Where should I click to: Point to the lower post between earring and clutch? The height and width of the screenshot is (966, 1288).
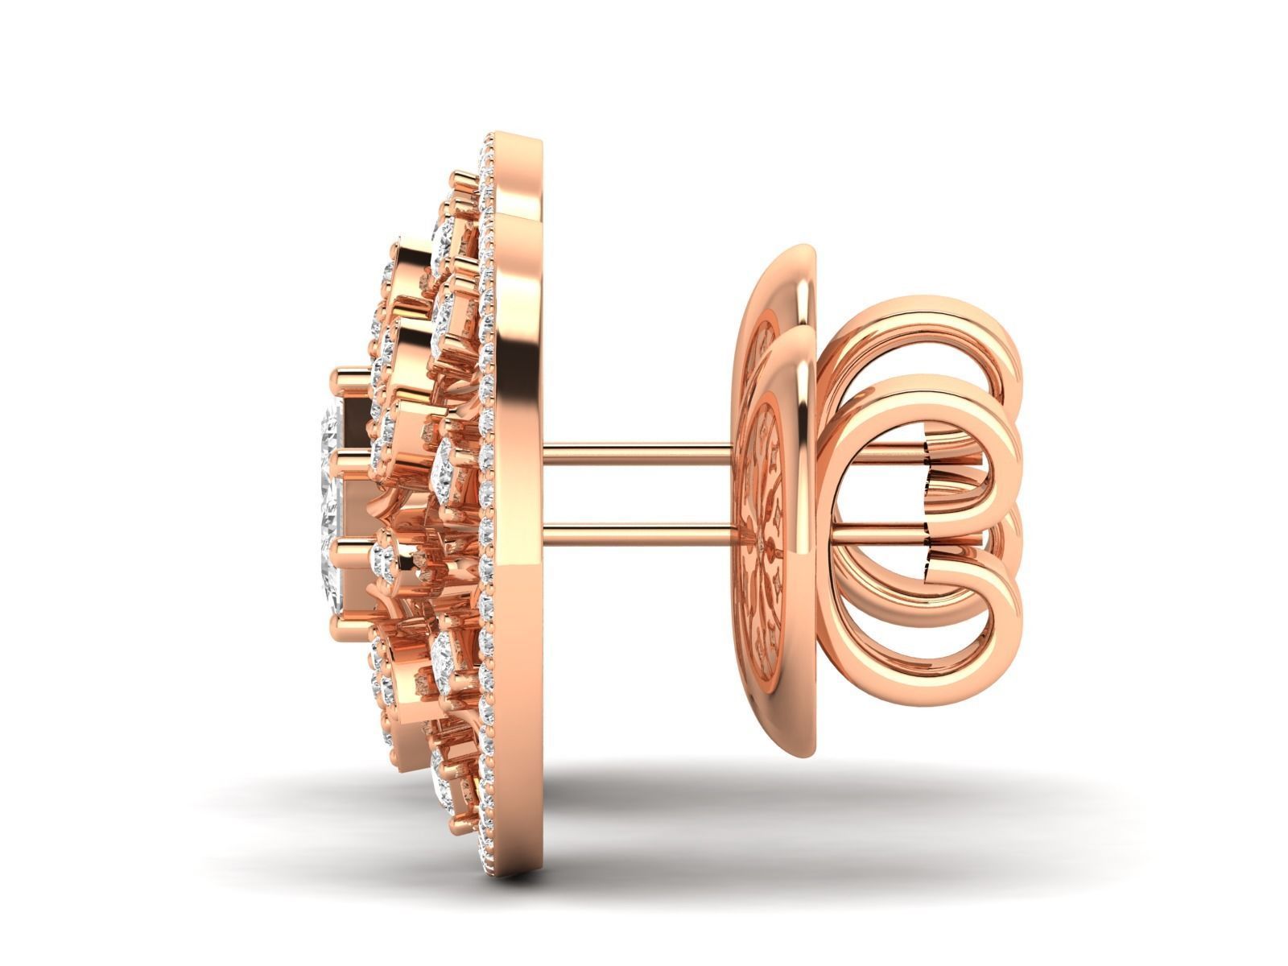pyautogui.click(x=636, y=526)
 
